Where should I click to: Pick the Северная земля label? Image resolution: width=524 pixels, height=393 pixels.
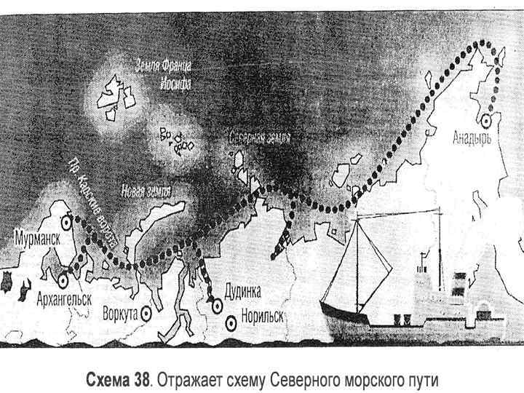pyautogui.click(x=259, y=138)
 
